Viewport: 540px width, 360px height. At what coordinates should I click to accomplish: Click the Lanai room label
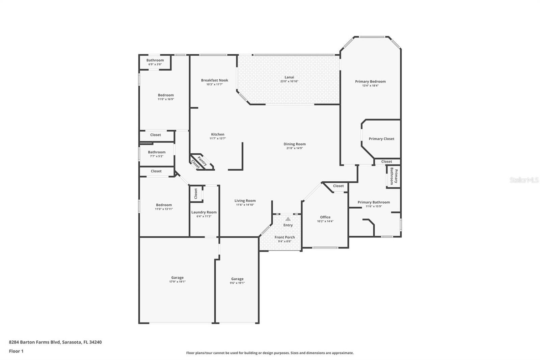pyautogui.click(x=289, y=77)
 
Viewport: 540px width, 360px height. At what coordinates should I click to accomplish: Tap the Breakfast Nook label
pyautogui.click(x=215, y=80)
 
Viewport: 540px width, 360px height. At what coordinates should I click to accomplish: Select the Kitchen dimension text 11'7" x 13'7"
pyautogui.click(x=218, y=138)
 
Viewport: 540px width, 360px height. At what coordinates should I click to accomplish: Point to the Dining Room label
pyautogui.click(x=295, y=144)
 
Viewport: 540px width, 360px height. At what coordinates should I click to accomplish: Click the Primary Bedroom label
pyautogui.click(x=370, y=81)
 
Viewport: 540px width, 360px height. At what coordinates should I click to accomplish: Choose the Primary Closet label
pyautogui.click(x=382, y=139)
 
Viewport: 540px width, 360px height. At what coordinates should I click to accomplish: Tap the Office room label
pyautogui.click(x=325, y=217)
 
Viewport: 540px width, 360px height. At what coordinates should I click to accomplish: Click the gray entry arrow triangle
pyautogui.click(x=288, y=219)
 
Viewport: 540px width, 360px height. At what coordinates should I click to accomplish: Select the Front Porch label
pyautogui.click(x=285, y=237)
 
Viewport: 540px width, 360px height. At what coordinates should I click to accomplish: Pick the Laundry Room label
pyautogui.click(x=204, y=212)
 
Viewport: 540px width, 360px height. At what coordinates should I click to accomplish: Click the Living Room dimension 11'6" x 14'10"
pyautogui.click(x=245, y=205)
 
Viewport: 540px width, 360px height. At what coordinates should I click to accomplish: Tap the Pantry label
pyautogui.click(x=202, y=161)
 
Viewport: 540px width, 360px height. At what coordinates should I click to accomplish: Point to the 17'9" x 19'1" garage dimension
pyautogui.click(x=178, y=282)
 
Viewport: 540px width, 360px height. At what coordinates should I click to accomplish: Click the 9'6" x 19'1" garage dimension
pyautogui.click(x=237, y=283)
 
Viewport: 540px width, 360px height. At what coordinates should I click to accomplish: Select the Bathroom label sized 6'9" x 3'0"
pyautogui.click(x=155, y=60)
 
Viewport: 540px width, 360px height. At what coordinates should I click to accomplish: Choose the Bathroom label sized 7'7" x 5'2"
pyautogui.click(x=157, y=152)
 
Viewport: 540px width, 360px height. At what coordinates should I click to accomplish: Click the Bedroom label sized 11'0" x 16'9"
pyautogui.click(x=166, y=95)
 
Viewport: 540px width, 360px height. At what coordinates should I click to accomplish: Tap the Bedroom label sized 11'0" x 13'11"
pyautogui.click(x=164, y=205)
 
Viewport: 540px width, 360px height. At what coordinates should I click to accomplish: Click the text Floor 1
pyautogui.click(x=16, y=351)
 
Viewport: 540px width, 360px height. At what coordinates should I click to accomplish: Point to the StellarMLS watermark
pyautogui.click(x=524, y=180)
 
